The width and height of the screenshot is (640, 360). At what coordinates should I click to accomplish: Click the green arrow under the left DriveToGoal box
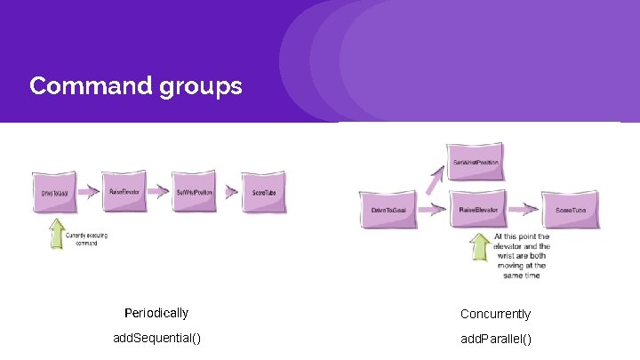[x=57, y=233]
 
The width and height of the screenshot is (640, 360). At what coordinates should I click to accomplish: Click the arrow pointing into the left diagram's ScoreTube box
[x=230, y=190]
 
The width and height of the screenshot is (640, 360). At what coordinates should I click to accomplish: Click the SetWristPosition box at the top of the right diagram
[x=476, y=163]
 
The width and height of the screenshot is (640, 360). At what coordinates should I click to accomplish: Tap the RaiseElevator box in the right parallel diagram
[x=477, y=210]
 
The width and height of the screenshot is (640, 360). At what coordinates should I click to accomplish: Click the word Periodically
[x=156, y=313]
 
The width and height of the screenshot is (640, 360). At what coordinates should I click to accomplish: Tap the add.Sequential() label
[x=156, y=338]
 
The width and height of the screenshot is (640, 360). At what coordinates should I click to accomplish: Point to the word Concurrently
[x=495, y=314]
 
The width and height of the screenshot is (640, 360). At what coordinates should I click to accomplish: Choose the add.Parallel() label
[x=496, y=339]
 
